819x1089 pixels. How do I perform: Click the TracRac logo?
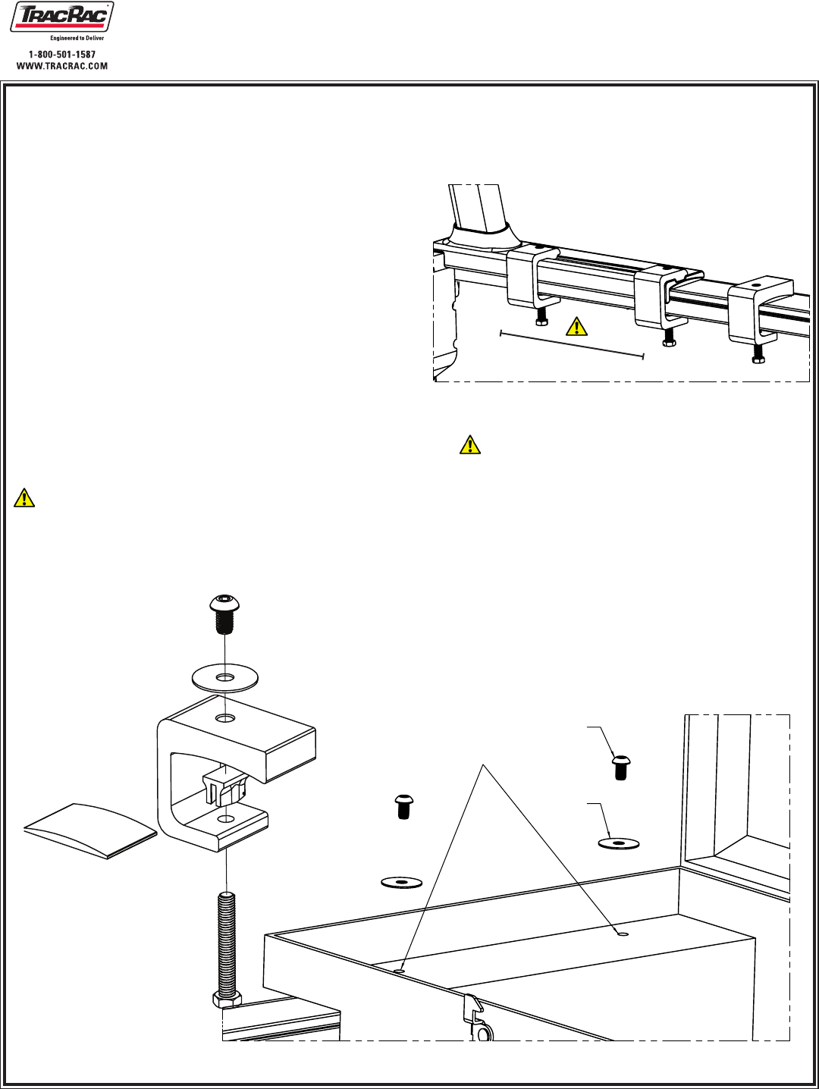coord(61,19)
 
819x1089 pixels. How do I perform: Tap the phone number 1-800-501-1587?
coord(62,55)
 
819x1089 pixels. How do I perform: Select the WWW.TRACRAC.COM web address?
coord(62,66)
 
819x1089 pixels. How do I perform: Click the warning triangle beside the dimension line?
coord(577,327)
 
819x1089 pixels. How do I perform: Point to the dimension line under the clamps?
coord(572,344)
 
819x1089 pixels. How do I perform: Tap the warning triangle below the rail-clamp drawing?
coord(470,444)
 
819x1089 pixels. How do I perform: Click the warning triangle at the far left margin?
coord(24,497)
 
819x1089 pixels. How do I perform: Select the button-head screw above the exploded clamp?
coord(224,613)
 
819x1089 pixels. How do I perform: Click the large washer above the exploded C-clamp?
coord(225,676)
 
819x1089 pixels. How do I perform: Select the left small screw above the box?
coord(403,805)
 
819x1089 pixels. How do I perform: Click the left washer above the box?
coord(401,883)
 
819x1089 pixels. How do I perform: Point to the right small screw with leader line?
coord(620,767)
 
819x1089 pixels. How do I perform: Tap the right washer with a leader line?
coord(618,843)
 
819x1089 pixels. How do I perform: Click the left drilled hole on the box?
coord(401,969)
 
